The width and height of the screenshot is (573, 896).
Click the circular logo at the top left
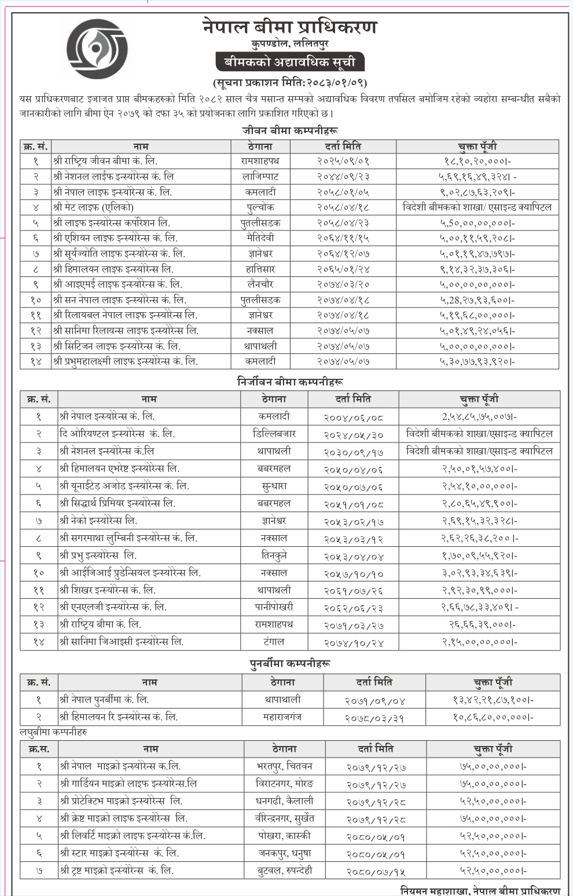[97, 46]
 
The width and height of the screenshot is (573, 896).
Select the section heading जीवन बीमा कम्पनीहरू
[290, 131]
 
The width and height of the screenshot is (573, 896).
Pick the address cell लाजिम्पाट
[260, 177]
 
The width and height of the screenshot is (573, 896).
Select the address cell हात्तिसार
[260, 269]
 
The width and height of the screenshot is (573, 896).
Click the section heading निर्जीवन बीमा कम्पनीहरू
[290, 382]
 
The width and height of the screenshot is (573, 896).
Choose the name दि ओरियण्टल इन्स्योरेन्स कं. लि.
[117, 434]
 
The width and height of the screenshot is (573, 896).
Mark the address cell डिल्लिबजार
[274, 434]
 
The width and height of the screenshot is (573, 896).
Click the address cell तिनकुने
[274, 555]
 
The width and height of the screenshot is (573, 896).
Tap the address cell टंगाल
[274, 642]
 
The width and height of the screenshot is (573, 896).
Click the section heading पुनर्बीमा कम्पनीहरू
[290, 663]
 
